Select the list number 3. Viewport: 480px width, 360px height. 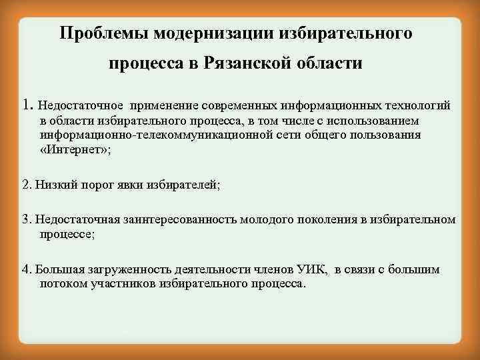26,219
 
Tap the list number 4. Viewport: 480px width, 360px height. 26,269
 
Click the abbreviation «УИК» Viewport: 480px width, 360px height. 313,269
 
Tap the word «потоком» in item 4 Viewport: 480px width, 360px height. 63,283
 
